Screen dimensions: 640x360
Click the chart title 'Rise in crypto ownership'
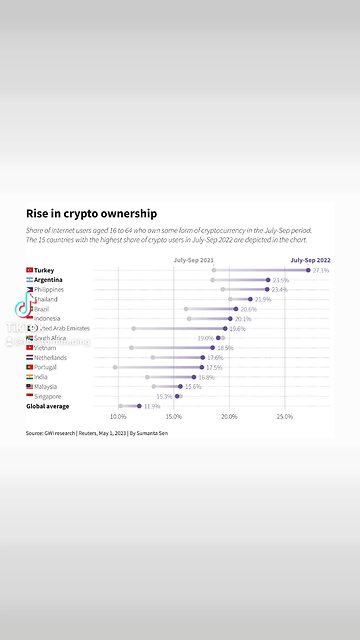(x=91, y=213)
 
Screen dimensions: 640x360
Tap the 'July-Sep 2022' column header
(x=310, y=260)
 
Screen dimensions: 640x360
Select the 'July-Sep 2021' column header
(x=193, y=260)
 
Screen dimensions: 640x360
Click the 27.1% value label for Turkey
(x=321, y=270)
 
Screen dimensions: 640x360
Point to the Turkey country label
(x=44, y=270)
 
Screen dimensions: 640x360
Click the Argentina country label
(x=49, y=280)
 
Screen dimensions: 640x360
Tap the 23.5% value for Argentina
(x=281, y=280)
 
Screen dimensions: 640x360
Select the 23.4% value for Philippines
(x=280, y=290)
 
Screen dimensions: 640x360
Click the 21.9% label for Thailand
(x=263, y=299)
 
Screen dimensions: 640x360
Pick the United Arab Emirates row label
(x=64, y=328)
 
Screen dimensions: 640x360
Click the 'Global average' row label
(x=49, y=406)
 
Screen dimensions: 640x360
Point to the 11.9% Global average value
(x=152, y=406)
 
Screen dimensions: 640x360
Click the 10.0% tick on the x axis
(x=118, y=417)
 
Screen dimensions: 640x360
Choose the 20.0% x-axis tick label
(x=229, y=417)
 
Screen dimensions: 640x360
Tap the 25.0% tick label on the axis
(x=285, y=417)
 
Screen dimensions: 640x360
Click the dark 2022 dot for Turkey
(x=308, y=270)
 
